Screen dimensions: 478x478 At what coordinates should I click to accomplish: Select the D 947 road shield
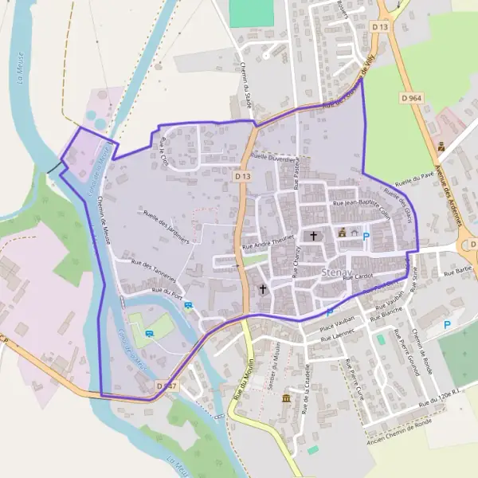[166, 386]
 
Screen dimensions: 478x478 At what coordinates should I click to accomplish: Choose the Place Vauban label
[335, 327]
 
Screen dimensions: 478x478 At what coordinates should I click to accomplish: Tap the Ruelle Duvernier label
[273, 159]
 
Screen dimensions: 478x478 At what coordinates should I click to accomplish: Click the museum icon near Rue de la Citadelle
[286, 398]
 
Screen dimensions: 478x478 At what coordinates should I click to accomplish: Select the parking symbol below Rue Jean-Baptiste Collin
[366, 236]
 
